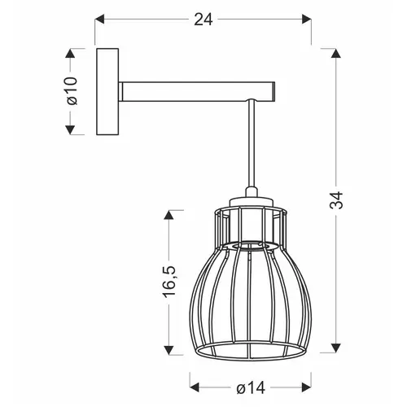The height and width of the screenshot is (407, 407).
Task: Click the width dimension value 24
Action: point(203,20)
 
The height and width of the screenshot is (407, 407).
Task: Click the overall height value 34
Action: point(336,200)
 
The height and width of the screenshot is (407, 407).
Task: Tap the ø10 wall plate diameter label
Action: point(72,90)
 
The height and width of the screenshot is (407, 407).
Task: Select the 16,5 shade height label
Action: point(169,282)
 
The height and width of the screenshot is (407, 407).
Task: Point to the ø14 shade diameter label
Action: point(251,388)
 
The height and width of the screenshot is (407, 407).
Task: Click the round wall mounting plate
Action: point(107,92)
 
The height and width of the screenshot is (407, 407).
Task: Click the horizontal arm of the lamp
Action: point(197,91)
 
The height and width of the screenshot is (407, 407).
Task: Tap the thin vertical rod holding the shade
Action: point(251,143)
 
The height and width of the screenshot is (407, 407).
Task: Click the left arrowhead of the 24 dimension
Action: point(99,20)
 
